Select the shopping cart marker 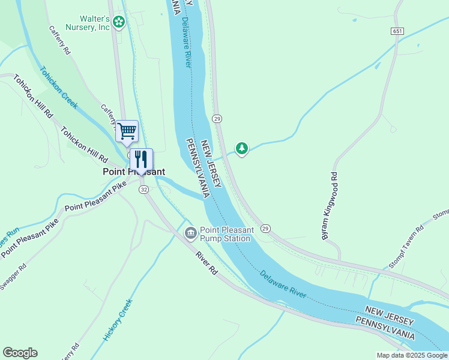[127, 131]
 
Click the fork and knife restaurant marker [141, 160]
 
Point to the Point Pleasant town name [133, 172]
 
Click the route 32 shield [143, 189]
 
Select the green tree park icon [241, 148]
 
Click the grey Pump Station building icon [190, 233]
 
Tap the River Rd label [206, 263]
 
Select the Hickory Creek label [117, 320]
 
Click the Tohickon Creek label [59, 87]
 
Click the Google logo [20, 353]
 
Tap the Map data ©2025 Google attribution [412, 355]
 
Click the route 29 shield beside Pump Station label [265, 229]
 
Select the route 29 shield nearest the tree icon [217, 119]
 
